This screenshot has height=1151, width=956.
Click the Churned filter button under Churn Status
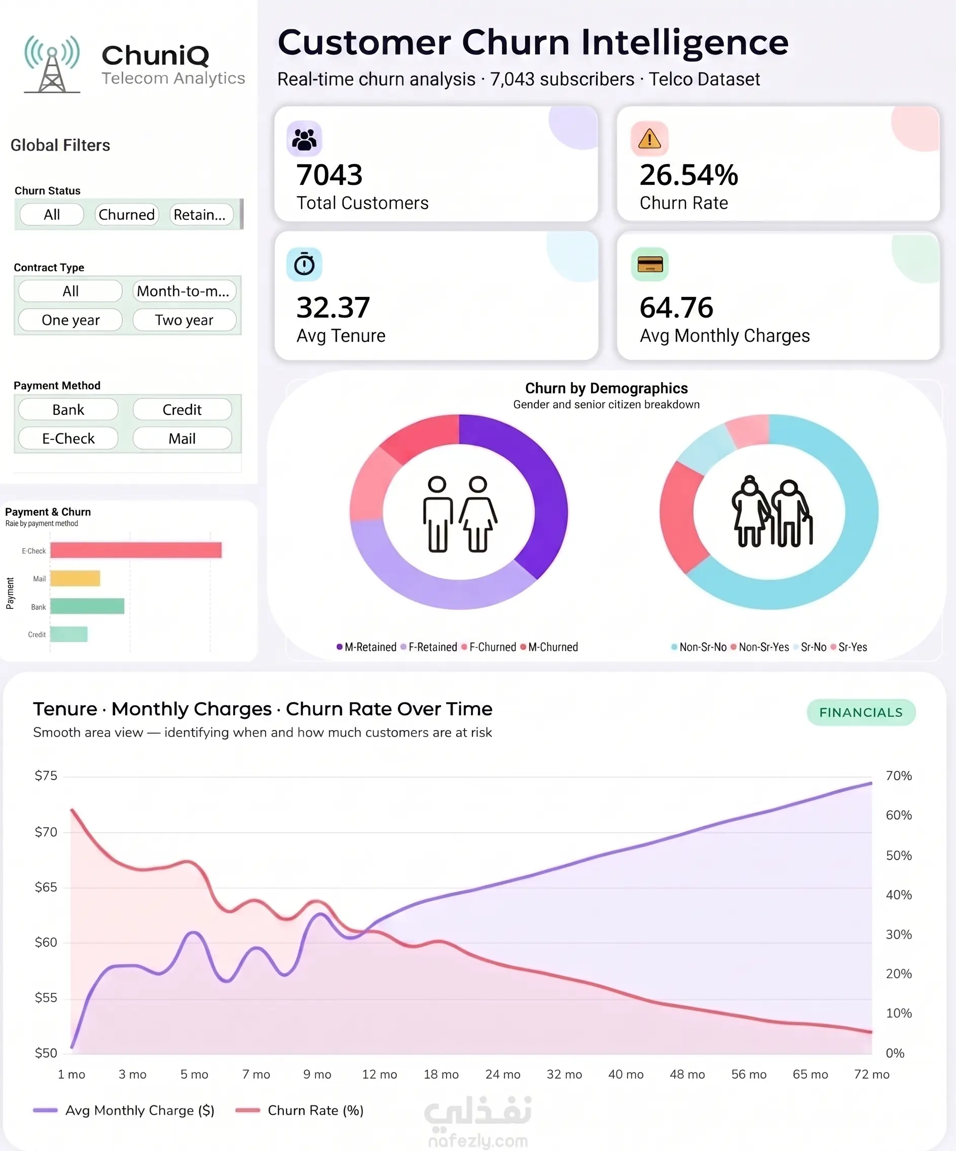click(127, 214)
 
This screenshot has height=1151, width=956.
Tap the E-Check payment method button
click(68, 439)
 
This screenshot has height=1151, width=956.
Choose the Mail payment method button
click(182, 439)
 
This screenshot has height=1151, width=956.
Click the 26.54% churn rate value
click(689, 175)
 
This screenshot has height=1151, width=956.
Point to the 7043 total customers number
click(329, 175)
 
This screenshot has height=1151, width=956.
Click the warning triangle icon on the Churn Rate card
click(649, 139)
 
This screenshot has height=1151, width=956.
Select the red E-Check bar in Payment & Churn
click(136, 550)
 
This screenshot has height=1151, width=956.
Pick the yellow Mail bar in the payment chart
click(75, 578)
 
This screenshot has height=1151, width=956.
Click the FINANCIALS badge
click(861, 712)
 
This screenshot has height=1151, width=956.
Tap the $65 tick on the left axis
click(46, 888)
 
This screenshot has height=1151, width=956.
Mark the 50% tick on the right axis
click(899, 856)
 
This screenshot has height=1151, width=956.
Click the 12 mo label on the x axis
click(380, 1075)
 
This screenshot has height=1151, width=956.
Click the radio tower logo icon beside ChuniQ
click(52, 65)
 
